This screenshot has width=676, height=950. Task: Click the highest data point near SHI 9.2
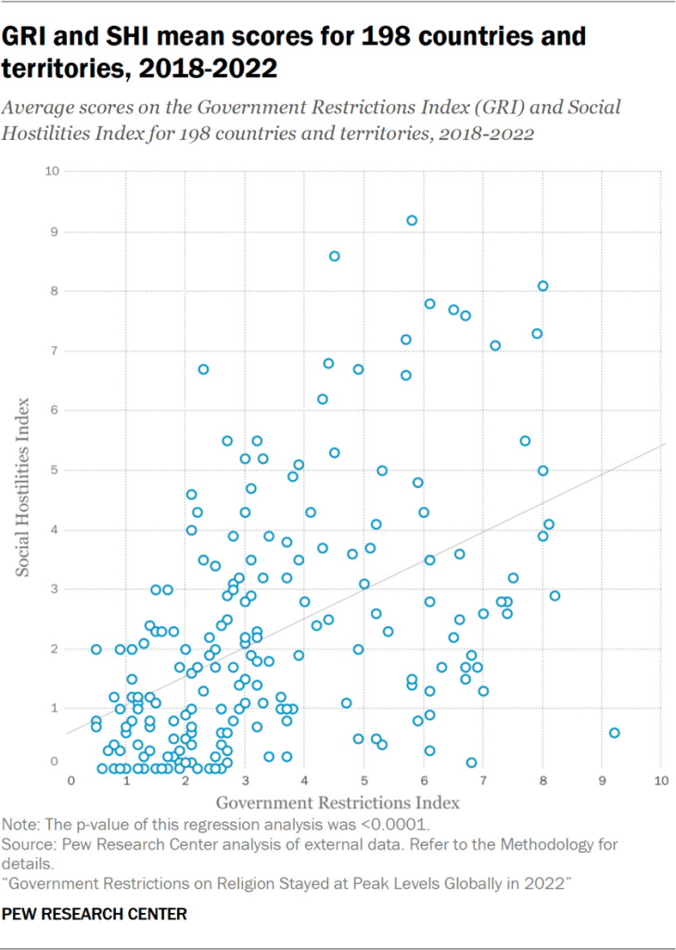pyautogui.click(x=412, y=220)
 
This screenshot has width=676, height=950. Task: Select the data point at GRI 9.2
pyautogui.click(x=614, y=733)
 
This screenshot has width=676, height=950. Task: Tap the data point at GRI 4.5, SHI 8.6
pyautogui.click(x=335, y=256)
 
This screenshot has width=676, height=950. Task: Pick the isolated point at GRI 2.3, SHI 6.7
pyautogui.click(x=203, y=369)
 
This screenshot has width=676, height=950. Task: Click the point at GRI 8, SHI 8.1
pyautogui.click(x=542, y=286)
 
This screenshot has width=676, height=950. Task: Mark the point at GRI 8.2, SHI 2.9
pyautogui.click(x=555, y=596)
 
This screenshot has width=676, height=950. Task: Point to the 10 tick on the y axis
pyautogui.click(x=54, y=172)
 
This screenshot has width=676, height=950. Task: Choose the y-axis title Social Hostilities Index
pyautogui.click(x=25, y=488)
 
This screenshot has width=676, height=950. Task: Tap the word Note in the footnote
pyautogui.click(x=19, y=825)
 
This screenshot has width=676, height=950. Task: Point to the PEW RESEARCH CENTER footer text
pyautogui.click(x=96, y=915)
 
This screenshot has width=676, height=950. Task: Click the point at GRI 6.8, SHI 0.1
pyautogui.click(x=471, y=763)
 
